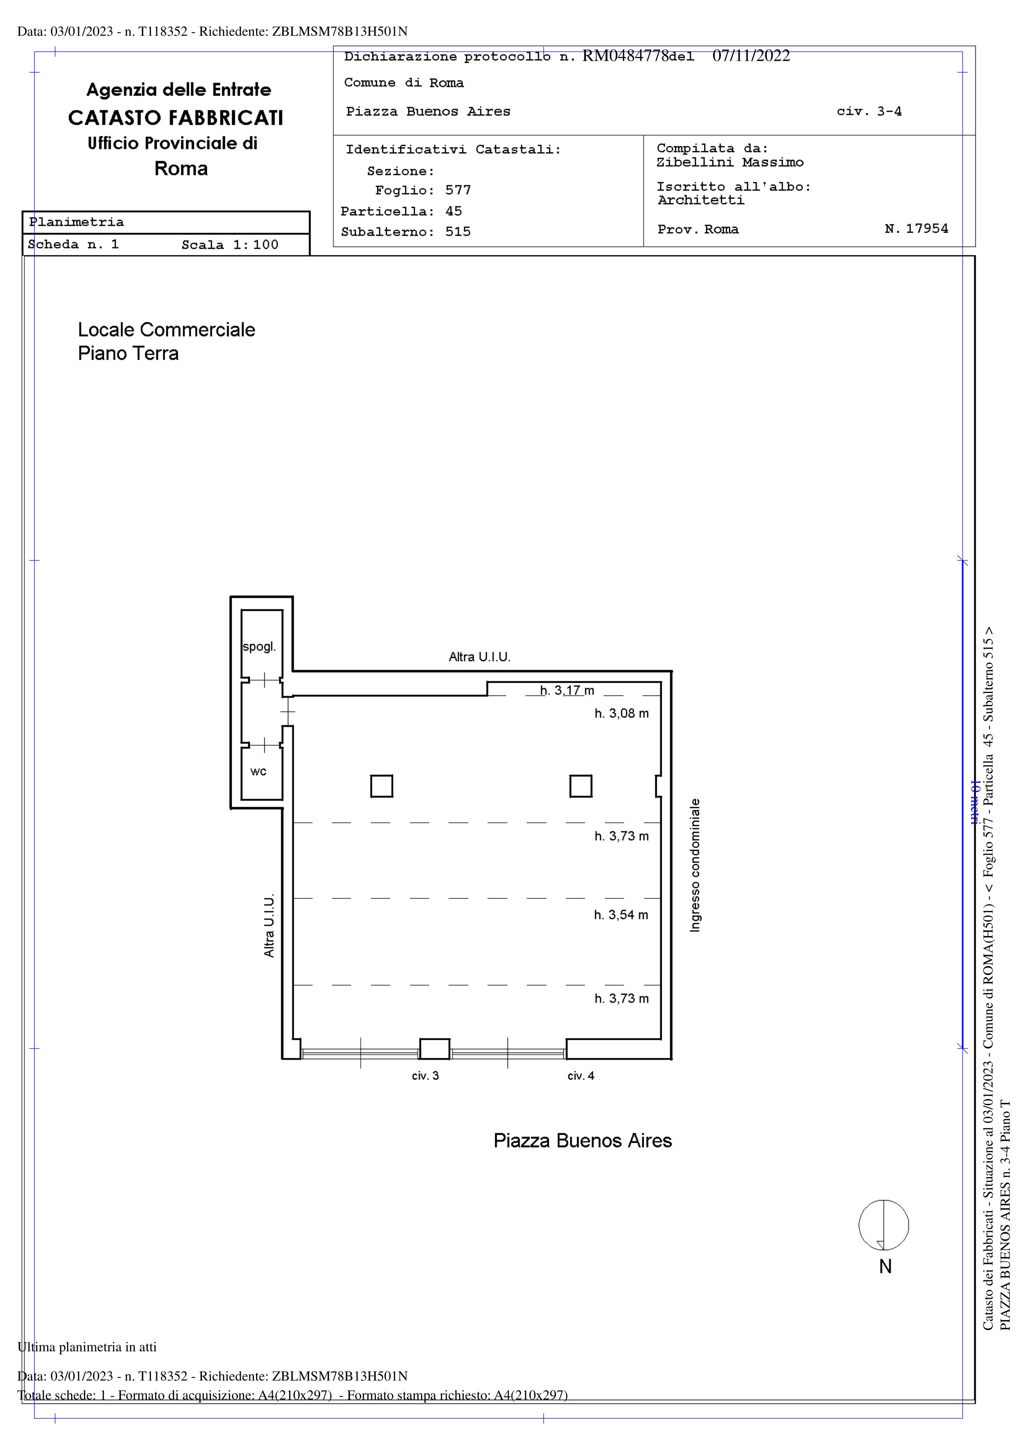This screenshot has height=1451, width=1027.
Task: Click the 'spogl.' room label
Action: coord(259,647)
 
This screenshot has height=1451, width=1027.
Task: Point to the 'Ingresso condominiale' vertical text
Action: coord(695,865)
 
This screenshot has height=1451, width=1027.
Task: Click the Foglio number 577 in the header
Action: coord(458,190)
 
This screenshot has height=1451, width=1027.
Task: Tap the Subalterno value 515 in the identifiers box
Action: coord(458,231)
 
